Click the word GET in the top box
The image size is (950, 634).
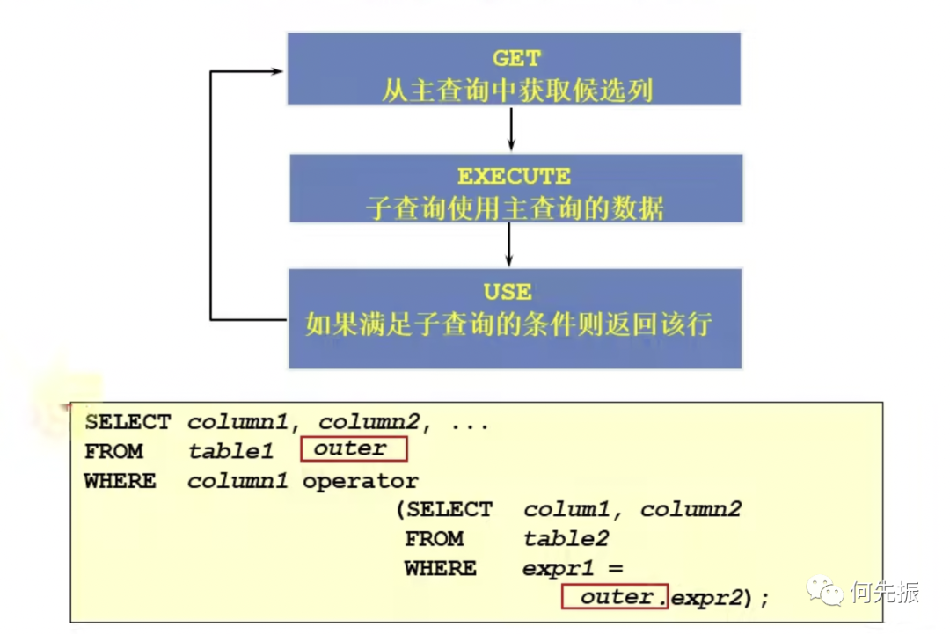516,59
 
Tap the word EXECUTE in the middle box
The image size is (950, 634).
515,176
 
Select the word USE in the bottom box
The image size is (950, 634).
508,291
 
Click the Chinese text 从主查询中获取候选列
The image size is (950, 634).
516,90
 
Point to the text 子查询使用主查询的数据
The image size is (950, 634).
515,208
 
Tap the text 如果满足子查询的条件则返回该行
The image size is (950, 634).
508,324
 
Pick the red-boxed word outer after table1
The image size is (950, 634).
351,448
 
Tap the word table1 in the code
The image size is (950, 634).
231,451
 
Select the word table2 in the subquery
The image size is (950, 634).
566,538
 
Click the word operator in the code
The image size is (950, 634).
361,481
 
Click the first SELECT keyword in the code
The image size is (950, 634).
128,422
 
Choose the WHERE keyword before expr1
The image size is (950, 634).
441,568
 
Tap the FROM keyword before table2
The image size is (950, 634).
434,538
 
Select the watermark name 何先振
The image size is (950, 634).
884,592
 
